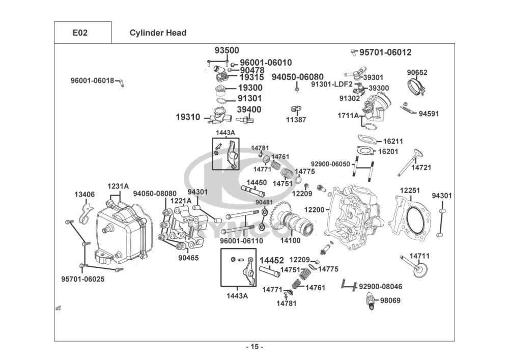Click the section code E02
click(x=80, y=33)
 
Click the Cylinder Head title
click(x=158, y=33)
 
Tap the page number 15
click(x=254, y=347)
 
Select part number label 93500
click(x=227, y=50)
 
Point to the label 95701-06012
click(x=385, y=52)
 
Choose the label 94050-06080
click(x=297, y=77)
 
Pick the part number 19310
click(x=188, y=117)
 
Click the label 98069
click(x=390, y=300)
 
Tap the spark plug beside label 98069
click(x=370, y=302)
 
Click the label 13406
click(x=84, y=194)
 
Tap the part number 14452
click(x=272, y=261)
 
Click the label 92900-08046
click(x=380, y=287)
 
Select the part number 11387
click(x=296, y=120)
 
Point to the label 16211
click(x=393, y=141)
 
